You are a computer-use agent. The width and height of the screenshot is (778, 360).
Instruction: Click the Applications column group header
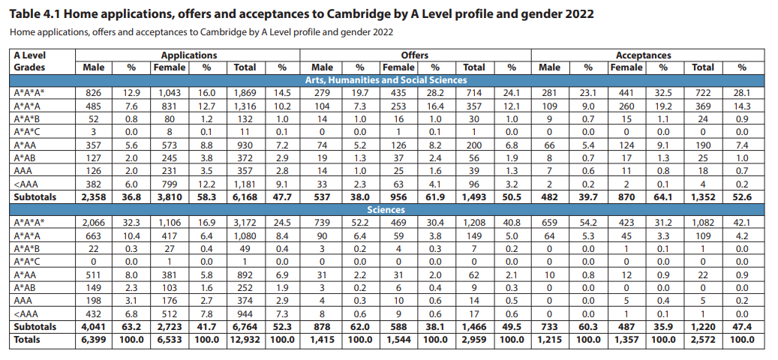point(188,55)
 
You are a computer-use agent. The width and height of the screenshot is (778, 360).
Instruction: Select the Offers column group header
point(415,55)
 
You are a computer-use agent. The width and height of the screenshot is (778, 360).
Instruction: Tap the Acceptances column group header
point(643,55)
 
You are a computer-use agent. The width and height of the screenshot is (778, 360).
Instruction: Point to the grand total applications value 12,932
point(245,340)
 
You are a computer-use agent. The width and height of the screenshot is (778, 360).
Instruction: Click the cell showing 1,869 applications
point(245,92)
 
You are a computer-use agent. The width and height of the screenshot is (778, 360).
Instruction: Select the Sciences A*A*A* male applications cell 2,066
point(94,223)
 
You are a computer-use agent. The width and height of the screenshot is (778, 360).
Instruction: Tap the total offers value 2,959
point(473,340)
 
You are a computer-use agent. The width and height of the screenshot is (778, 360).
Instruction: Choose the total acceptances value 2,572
point(702,340)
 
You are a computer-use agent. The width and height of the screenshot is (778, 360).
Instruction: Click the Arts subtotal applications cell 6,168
point(245,196)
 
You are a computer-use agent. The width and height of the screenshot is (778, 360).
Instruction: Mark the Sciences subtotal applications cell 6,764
point(245,327)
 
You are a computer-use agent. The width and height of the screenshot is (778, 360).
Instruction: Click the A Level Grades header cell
point(30,61)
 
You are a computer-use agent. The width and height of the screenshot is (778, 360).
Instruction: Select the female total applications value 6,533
point(169,340)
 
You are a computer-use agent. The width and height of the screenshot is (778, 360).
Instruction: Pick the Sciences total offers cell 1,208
point(473,223)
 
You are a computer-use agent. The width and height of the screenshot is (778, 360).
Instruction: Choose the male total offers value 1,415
point(322,340)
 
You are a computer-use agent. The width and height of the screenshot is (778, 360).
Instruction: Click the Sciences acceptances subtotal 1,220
point(702,327)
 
